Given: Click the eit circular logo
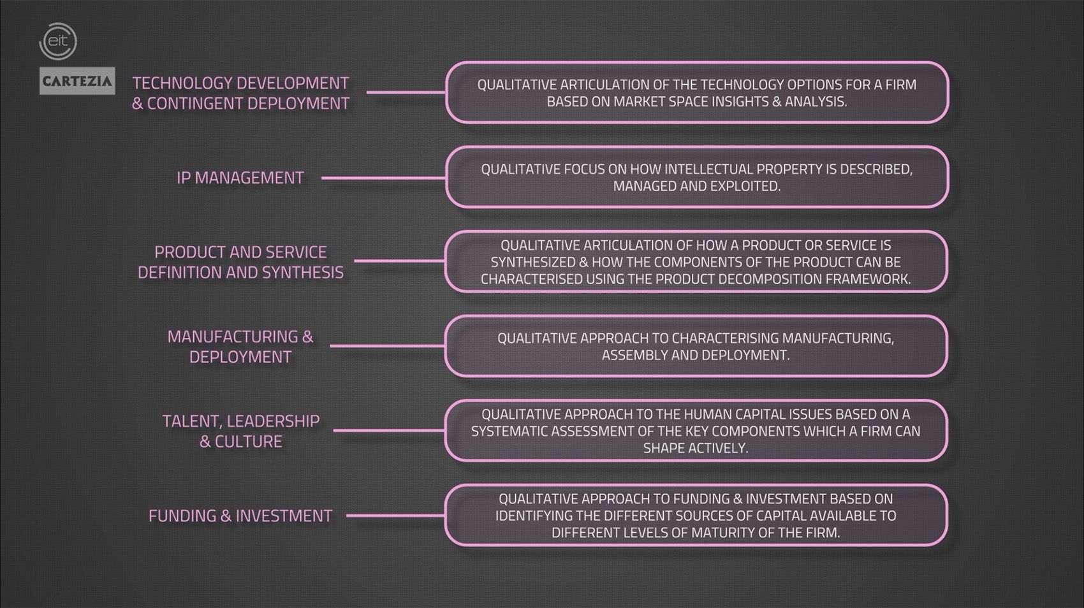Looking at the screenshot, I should [58, 42].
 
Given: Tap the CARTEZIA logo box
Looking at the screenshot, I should [77, 81].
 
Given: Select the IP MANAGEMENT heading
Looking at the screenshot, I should [240, 178].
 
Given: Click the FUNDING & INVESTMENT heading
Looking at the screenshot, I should [240, 516].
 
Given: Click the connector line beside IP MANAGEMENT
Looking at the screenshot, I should [383, 178].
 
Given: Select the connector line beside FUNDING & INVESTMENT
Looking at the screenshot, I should [395, 516].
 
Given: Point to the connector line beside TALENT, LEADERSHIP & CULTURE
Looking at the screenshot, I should [389, 430].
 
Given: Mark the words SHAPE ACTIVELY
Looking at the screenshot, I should [695, 448].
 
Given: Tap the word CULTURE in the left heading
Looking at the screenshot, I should [248, 442].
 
